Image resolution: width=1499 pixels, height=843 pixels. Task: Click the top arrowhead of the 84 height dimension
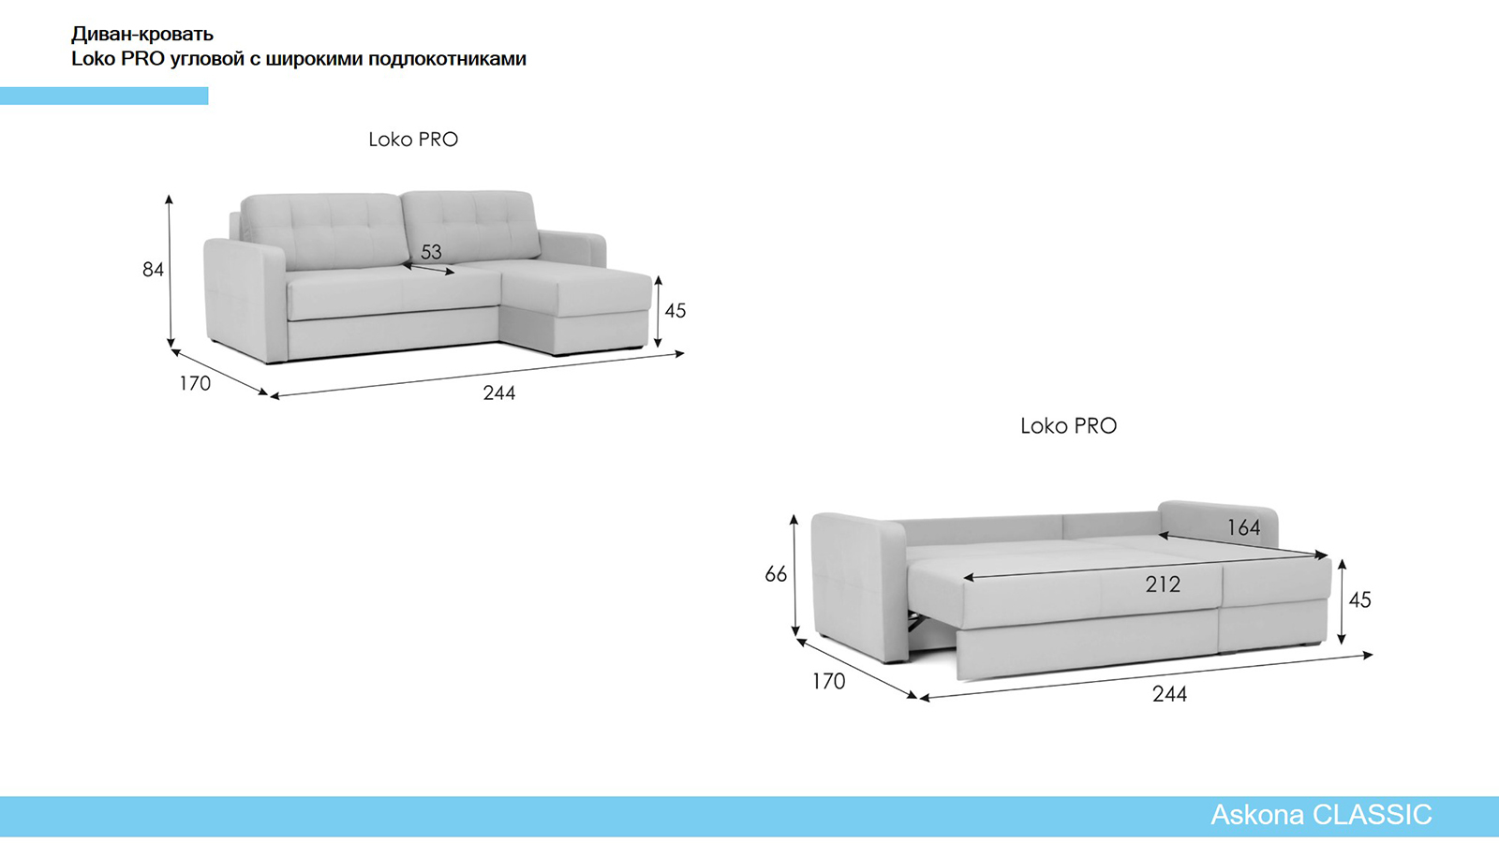(170, 199)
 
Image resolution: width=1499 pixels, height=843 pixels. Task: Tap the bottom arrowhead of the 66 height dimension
(795, 631)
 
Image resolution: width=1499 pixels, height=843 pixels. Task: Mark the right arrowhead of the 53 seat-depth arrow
(451, 273)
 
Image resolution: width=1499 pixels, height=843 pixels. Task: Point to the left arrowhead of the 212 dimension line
(967, 577)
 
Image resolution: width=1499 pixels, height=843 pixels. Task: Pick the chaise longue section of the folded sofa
(575, 308)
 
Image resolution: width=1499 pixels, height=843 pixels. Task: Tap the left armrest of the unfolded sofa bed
(858, 585)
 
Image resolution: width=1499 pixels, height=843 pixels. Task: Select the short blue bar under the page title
(104, 96)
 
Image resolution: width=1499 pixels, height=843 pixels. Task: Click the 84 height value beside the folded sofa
(153, 270)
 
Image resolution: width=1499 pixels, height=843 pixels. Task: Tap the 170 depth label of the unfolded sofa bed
(828, 682)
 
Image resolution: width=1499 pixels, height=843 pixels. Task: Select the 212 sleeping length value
(1163, 584)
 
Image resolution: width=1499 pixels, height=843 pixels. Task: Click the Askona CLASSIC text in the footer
(1321, 815)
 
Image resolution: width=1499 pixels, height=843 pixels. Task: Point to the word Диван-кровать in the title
(142, 34)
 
